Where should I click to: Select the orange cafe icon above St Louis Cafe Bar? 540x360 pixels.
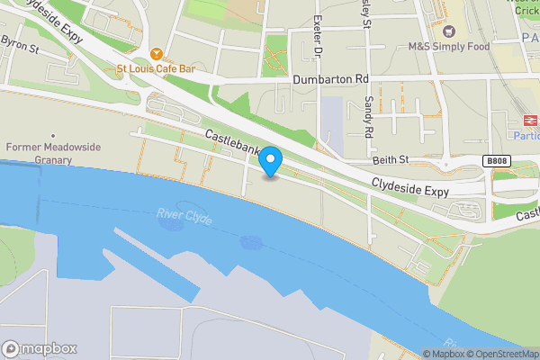[157, 52]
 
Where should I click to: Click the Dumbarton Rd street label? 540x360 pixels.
[331, 79]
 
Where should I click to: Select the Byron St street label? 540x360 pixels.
[19, 41]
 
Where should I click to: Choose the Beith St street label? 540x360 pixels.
[391, 159]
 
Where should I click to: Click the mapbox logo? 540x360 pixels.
[40, 348]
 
